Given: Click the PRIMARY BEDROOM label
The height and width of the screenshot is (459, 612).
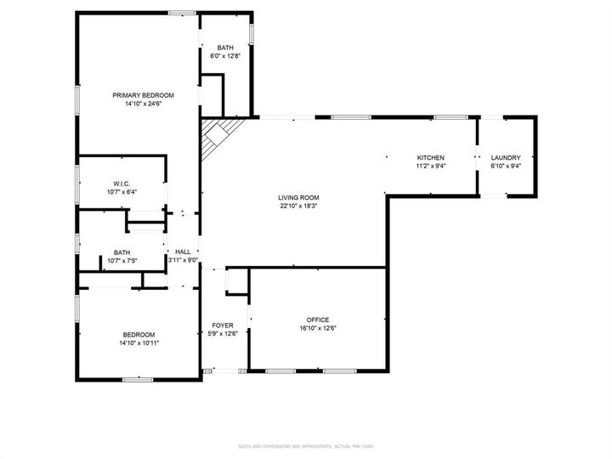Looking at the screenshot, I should pos(143,95).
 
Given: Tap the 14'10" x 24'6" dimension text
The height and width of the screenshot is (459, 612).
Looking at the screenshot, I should pos(143,104).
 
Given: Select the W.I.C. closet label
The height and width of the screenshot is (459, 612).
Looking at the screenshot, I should pos(122,184).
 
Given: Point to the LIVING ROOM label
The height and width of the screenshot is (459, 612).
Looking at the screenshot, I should pos(298,197).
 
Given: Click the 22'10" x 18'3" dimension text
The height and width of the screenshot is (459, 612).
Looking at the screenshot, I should pos(298,206).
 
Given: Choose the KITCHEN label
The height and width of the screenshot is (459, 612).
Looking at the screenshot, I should pos(430,158).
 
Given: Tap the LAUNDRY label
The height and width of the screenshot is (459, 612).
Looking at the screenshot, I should pos(505,158).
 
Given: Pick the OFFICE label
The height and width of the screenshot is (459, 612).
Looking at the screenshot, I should pos(318,320).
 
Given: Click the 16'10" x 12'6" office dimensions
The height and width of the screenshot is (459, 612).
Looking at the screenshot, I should pos(318,329).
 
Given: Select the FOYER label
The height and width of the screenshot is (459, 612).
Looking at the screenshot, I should pos(223,326).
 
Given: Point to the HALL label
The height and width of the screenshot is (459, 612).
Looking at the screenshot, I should pos(183,252).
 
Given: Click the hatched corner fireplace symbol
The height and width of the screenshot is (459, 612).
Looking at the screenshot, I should pos(218,136).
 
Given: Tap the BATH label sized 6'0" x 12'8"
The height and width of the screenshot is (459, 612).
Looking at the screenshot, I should pos(224,48).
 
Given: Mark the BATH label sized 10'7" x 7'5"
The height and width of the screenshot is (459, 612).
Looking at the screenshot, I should pos(122,252).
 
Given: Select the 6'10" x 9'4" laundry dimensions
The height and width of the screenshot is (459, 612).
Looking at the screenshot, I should pos(505,167).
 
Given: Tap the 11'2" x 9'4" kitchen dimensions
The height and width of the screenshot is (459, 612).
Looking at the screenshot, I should pos(430,167).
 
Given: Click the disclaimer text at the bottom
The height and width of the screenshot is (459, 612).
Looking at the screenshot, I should pos(306,446).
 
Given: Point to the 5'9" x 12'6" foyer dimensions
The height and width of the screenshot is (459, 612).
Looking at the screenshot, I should pos(223,334).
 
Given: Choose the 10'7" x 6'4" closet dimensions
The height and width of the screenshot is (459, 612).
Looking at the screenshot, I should pos(122,192).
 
